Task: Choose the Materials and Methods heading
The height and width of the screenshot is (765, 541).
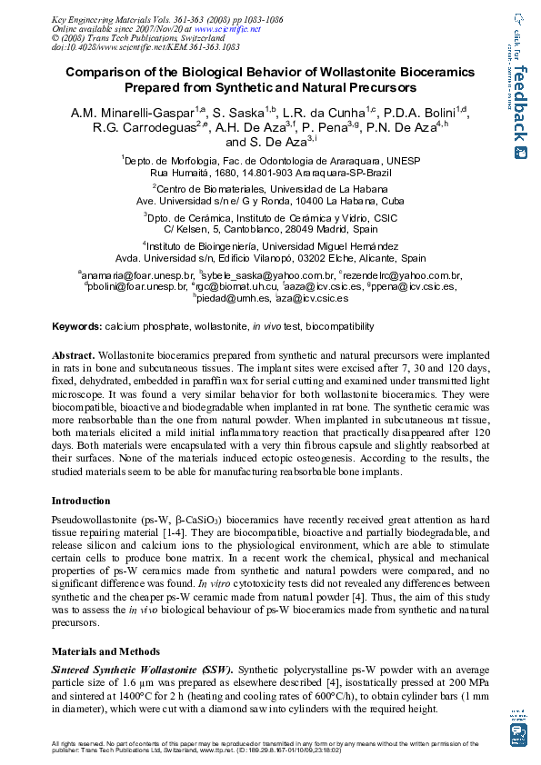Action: [x=105, y=651]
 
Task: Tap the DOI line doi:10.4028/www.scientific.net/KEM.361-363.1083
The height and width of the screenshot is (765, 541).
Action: [x=146, y=47]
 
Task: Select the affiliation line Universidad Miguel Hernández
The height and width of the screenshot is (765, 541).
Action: [x=270, y=245]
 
